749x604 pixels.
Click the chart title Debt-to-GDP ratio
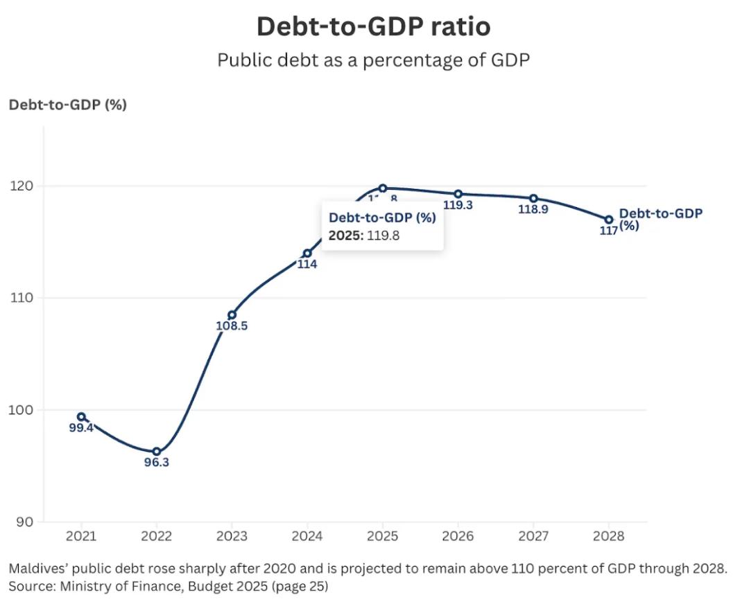(374, 26)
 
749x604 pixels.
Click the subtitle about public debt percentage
(374, 60)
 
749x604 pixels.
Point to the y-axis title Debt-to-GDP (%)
(67, 105)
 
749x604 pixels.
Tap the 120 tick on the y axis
(24, 186)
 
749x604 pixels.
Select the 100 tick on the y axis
(24, 410)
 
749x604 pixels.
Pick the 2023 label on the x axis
(232, 536)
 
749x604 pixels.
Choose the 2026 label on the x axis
(458, 536)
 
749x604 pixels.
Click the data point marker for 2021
(81, 417)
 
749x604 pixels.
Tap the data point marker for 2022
(157, 452)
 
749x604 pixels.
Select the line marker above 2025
(383, 188)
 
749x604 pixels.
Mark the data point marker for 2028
(609, 220)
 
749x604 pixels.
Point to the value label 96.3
(157, 462)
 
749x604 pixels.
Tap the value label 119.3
(458, 205)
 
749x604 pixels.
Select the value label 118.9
(533, 208)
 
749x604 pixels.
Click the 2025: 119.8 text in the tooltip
(364, 236)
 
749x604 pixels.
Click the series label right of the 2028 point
(659, 218)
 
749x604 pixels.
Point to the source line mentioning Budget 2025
(168, 586)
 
